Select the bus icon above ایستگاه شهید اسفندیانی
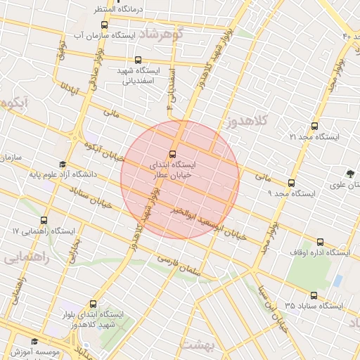click(137, 60)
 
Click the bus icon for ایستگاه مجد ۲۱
click(314, 127)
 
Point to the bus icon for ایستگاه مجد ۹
click(271, 184)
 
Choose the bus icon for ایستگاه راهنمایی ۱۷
click(45, 221)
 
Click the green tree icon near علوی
click(349, 173)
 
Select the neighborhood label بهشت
click(196, 345)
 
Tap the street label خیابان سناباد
click(91, 197)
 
